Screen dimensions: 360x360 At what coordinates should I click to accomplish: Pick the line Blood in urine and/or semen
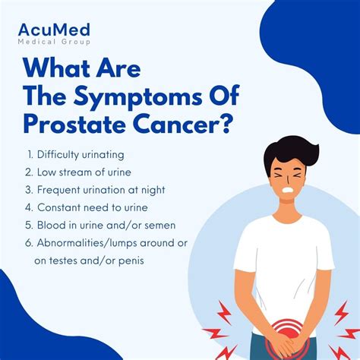point(104,224)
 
